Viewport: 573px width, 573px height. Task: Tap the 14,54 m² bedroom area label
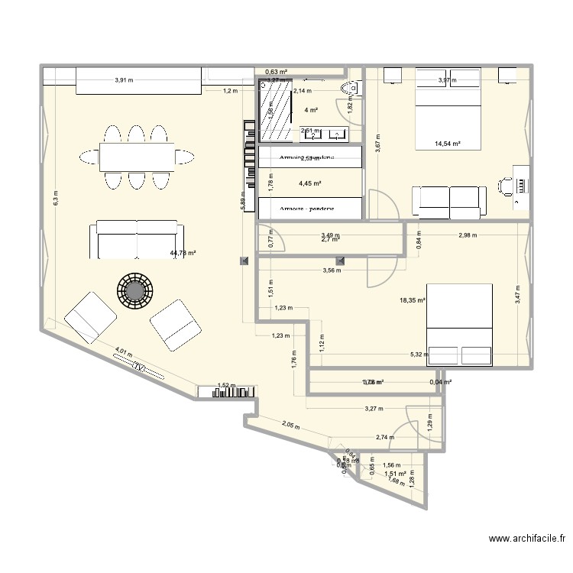[x=447, y=143]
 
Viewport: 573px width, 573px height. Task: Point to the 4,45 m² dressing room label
[x=309, y=183]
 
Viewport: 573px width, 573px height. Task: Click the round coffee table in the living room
[x=135, y=290]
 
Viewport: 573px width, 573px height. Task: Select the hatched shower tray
[x=276, y=112]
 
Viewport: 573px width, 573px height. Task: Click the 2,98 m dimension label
[x=468, y=235]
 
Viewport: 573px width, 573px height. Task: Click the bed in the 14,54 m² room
[x=448, y=111]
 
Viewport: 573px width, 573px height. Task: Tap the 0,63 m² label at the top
[x=276, y=73]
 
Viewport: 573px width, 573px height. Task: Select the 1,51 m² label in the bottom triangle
[x=395, y=474]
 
